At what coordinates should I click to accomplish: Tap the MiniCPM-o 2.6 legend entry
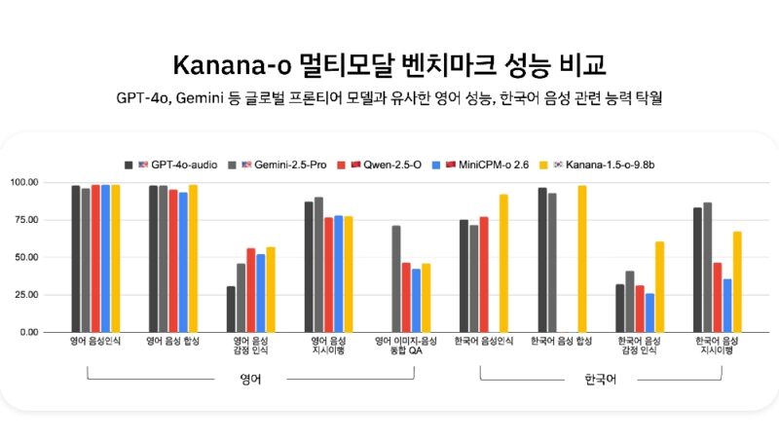point(478,164)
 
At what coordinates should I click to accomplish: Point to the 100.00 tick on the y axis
point(51,183)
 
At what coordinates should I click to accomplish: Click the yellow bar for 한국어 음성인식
point(503,263)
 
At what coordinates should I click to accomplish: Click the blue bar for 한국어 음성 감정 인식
point(649,312)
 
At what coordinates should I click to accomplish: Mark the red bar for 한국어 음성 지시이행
point(717,297)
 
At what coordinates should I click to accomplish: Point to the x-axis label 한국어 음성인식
point(484,342)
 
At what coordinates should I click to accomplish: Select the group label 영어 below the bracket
point(250,380)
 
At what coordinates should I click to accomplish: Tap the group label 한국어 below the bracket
point(600,380)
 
